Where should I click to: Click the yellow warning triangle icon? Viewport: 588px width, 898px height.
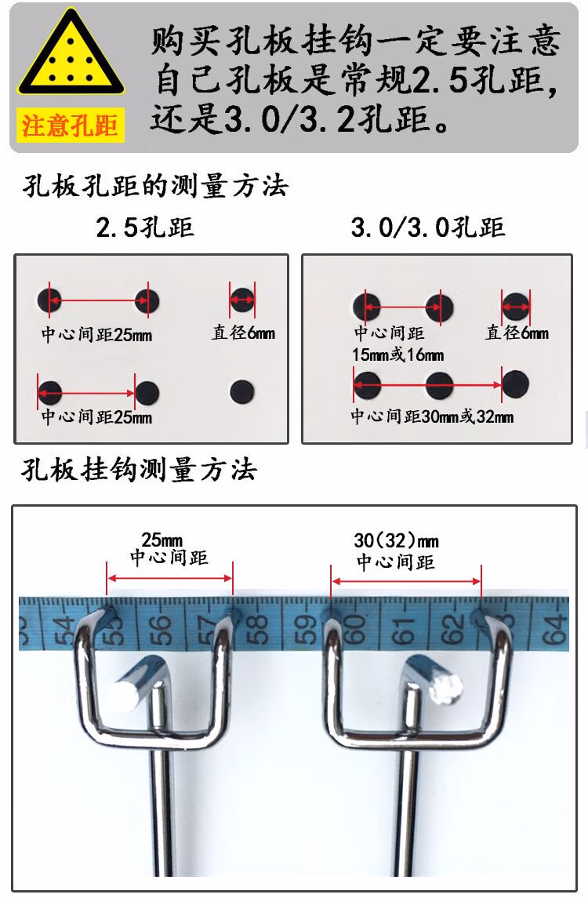click(x=71, y=54)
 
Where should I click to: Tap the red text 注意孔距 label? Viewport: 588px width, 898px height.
click(x=70, y=125)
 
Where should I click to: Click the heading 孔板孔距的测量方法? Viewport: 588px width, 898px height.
click(x=155, y=186)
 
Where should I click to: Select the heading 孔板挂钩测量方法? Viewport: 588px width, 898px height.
click(x=139, y=470)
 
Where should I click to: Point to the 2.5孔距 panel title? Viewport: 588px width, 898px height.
click(x=145, y=227)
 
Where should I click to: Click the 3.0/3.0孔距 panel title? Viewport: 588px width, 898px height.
click(x=428, y=227)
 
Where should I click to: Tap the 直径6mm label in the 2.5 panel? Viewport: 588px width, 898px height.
click(x=243, y=333)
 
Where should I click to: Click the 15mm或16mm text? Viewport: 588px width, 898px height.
click(x=398, y=355)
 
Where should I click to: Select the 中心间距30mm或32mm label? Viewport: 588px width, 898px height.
click(x=432, y=416)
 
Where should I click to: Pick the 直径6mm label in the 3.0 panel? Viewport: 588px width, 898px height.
click(x=517, y=333)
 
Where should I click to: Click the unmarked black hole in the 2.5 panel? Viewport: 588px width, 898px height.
click(x=241, y=391)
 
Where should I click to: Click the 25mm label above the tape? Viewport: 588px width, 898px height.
click(x=162, y=540)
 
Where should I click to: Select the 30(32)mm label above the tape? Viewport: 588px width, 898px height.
click(x=396, y=540)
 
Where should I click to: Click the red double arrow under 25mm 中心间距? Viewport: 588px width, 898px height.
click(x=169, y=579)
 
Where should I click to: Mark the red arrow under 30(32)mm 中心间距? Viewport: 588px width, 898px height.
click(x=406, y=581)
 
